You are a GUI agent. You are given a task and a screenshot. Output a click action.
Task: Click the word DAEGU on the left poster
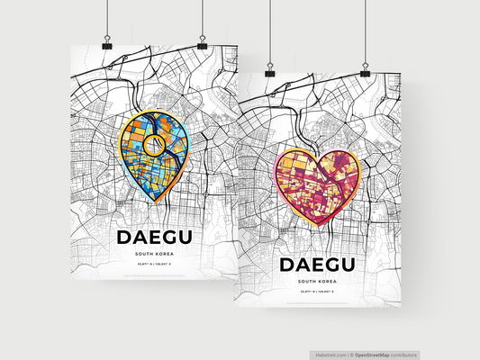(160, 238)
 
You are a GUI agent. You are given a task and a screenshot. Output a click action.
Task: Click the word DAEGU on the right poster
(327, 265)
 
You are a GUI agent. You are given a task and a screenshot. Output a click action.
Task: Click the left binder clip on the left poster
(106, 43)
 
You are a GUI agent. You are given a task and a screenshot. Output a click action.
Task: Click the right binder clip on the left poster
(202, 42)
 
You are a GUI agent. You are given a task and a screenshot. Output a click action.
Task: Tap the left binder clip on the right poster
(268, 70)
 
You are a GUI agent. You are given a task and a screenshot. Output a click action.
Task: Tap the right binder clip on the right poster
(365, 69)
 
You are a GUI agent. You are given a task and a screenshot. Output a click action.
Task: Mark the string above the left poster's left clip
(106, 18)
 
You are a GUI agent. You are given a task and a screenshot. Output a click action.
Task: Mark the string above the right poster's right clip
(365, 31)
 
